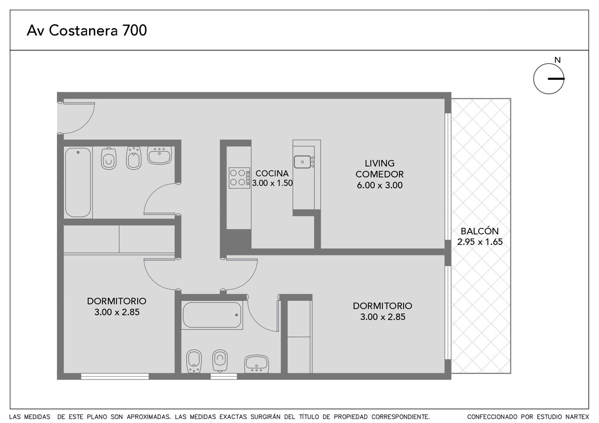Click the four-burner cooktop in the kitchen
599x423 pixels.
click(x=240, y=178)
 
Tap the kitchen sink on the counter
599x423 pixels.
click(x=303, y=162)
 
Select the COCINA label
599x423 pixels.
click(x=272, y=174)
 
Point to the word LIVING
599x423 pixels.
click(x=379, y=163)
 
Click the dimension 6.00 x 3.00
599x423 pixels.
click(x=379, y=185)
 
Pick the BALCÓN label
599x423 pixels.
click(x=480, y=231)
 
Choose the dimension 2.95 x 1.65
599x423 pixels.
click(x=480, y=242)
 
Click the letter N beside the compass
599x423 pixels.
click(x=557, y=60)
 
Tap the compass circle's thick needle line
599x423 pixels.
click(x=556, y=79)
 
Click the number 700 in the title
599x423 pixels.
click(x=134, y=30)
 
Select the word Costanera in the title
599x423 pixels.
click(x=83, y=30)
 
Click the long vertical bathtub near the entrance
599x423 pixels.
click(x=78, y=183)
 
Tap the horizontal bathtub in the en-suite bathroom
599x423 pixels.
click(x=212, y=315)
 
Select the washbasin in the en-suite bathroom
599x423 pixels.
click(x=256, y=364)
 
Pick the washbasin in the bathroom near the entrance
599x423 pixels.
click(x=160, y=155)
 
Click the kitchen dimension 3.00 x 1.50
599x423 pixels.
click(x=272, y=183)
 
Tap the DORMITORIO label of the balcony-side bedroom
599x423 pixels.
click(x=382, y=306)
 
